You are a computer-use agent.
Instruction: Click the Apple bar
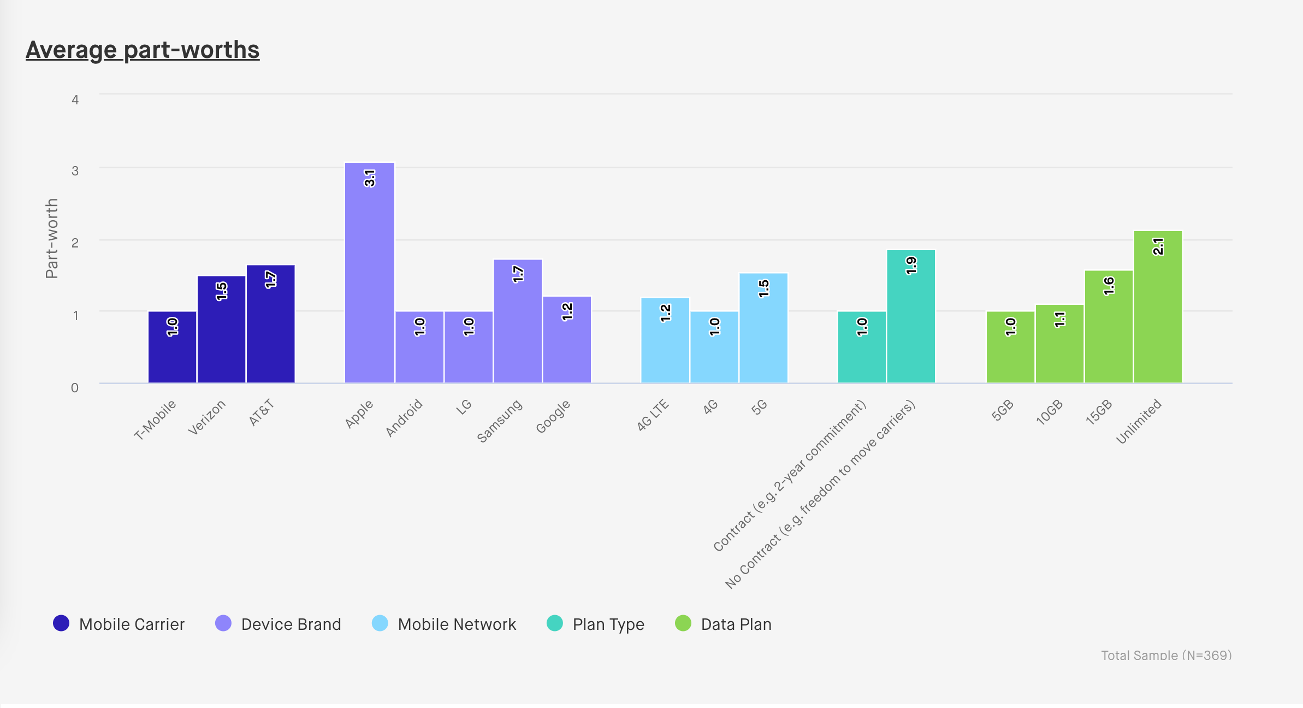click(370, 273)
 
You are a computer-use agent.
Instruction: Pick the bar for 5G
click(763, 328)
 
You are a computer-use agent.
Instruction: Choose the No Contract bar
click(911, 317)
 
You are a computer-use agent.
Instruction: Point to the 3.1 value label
click(370, 179)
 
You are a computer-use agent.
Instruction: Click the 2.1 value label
click(1158, 247)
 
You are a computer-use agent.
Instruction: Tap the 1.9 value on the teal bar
click(911, 265)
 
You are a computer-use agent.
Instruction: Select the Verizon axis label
click(206, 418)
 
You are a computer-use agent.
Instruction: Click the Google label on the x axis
click(553, 416)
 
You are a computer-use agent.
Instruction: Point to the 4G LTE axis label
click(653, 415)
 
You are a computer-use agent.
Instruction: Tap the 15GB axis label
click(1099, 412)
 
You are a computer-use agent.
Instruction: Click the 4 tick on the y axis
click(75, 100)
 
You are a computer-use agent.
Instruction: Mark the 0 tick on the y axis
click(75, 388)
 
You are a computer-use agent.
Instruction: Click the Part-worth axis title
click(52, 239)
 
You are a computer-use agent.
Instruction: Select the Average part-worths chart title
click(143, 50)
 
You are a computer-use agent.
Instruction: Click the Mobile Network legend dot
click(380, 623)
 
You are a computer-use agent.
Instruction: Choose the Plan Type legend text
click(608, 624)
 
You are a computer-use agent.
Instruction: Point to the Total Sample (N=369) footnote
click(1166, 655)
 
